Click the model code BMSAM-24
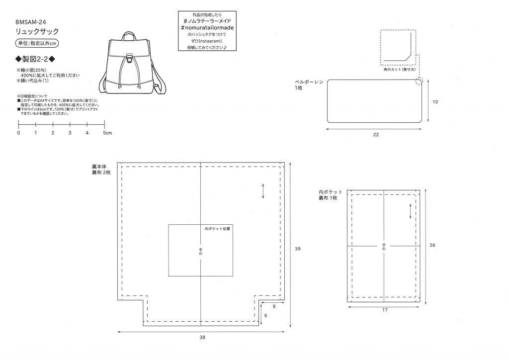[x=31, y=21]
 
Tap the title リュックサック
[x=38, y=31]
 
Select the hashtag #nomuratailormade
[x=207, y=28]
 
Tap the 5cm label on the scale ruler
[x=107, y=133]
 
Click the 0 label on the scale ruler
[x=18, y=133]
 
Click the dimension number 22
[x=376, y=134]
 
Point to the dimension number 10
[x=435, y=102]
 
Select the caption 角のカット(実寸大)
[x=400, y=70]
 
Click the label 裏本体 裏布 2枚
[x=101, y=169]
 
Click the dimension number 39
[x=298, y=248]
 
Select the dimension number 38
[x=202, y=337]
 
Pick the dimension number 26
[x=432, y=245]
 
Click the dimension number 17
[x=385, y=310]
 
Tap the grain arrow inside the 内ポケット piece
[x=410, y=211]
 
